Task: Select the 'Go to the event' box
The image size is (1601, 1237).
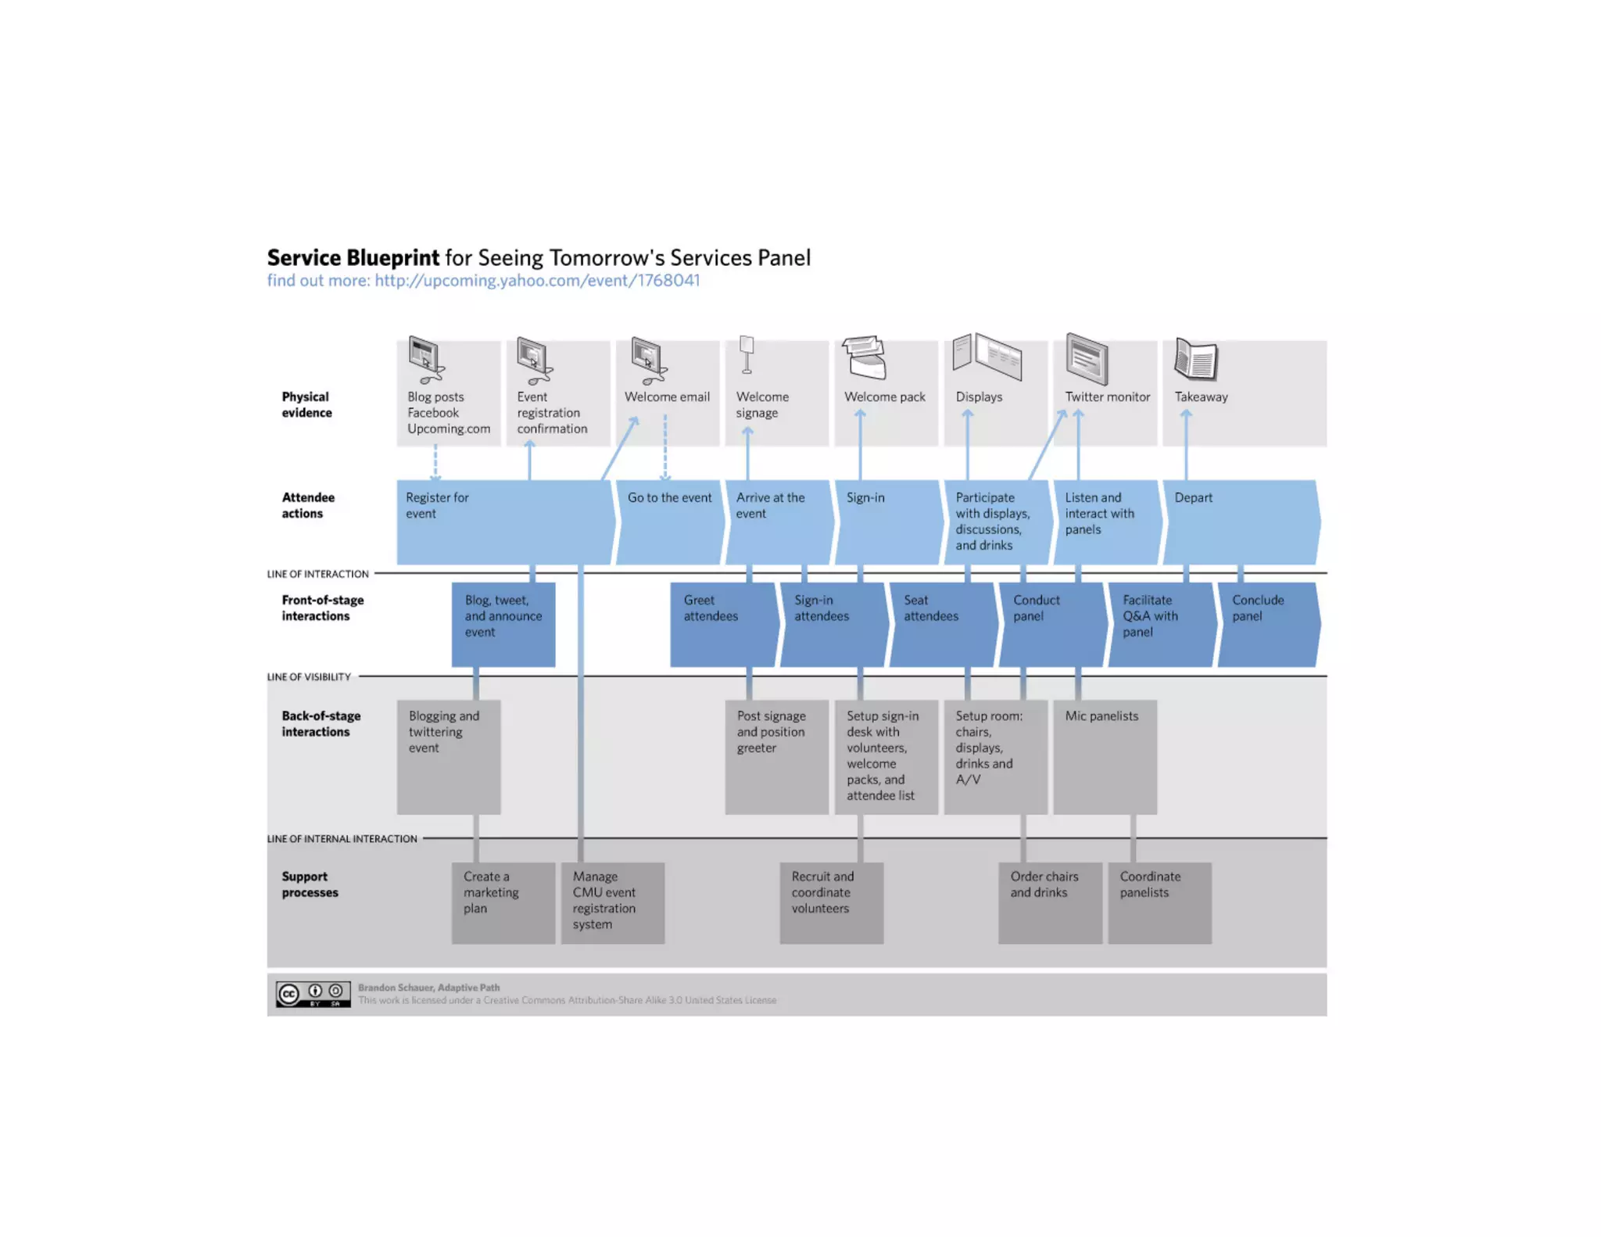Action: (670, 522)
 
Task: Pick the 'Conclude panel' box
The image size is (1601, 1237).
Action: (1267, 624)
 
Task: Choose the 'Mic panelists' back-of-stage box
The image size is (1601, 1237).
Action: (1105, 756)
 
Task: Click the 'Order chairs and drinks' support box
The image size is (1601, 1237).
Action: (1050, 902)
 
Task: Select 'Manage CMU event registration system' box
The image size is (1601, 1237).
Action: (613, 902)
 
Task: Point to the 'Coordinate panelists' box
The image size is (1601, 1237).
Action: (1159, 902)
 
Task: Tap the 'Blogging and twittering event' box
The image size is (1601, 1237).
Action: (449, 756)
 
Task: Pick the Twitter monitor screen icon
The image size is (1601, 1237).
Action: (1087, 359)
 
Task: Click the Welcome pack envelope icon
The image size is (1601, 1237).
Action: (865, 357)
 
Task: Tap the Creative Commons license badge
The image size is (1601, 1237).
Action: (313, 994)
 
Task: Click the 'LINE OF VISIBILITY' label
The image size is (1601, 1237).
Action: (309, 677)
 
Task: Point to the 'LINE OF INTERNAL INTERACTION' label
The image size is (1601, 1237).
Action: (342, 839)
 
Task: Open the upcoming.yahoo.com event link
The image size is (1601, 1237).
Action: (537, 281)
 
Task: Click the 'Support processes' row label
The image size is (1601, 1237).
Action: (310, 884)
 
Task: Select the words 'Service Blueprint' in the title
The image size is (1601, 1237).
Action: (353, 258)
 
